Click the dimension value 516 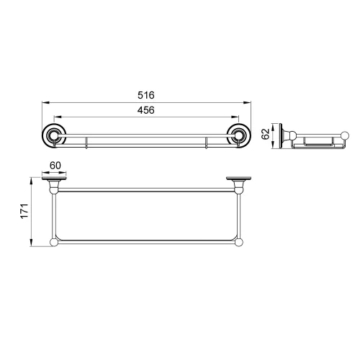pyautogui.click(x=146, y=95)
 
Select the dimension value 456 pyautogui.click(x=146, y=110)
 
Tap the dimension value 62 pyautogui.click(x=265, y=134)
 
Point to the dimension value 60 pyautogui.click(x=55, y=166)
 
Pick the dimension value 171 pyautogui.click(x=24, y=211)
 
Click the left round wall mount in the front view pyautogui.click(x=54, y=136)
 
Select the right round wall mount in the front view pyautogui.click(x=239, y=136)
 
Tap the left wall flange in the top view pyautogui.click(x=54, y=179)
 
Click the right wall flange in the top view pyautogui.click(x=239, y=179)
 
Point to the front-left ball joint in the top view pyautogui.click(x=54, y=243)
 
